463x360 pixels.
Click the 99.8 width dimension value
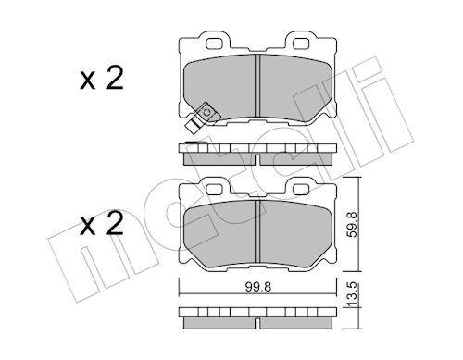point(258,287)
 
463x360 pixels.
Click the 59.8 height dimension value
point(352,224)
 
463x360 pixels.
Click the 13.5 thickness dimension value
point(352,294)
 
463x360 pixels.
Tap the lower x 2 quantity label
point(102,223)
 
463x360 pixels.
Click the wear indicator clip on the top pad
point(202,118)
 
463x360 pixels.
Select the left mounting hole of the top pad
point(214,43)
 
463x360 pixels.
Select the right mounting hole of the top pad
point(301,43)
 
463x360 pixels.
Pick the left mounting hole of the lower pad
point(214,189)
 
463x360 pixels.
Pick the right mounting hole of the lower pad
point(301,189)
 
